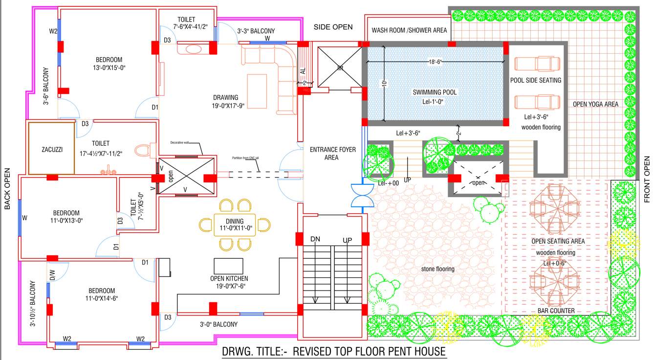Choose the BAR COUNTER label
(556, 311)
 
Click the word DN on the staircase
(316, 239)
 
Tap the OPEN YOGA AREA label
(595, 104)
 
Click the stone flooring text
(438, 269)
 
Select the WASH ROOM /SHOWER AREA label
(409, 30)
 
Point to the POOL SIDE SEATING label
(536, 80)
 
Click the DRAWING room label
(225, 97)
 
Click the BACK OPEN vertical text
(7, 189)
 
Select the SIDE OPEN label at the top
(333, 27)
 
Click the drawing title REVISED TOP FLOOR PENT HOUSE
(334, 351)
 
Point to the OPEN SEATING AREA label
(558, 241)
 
